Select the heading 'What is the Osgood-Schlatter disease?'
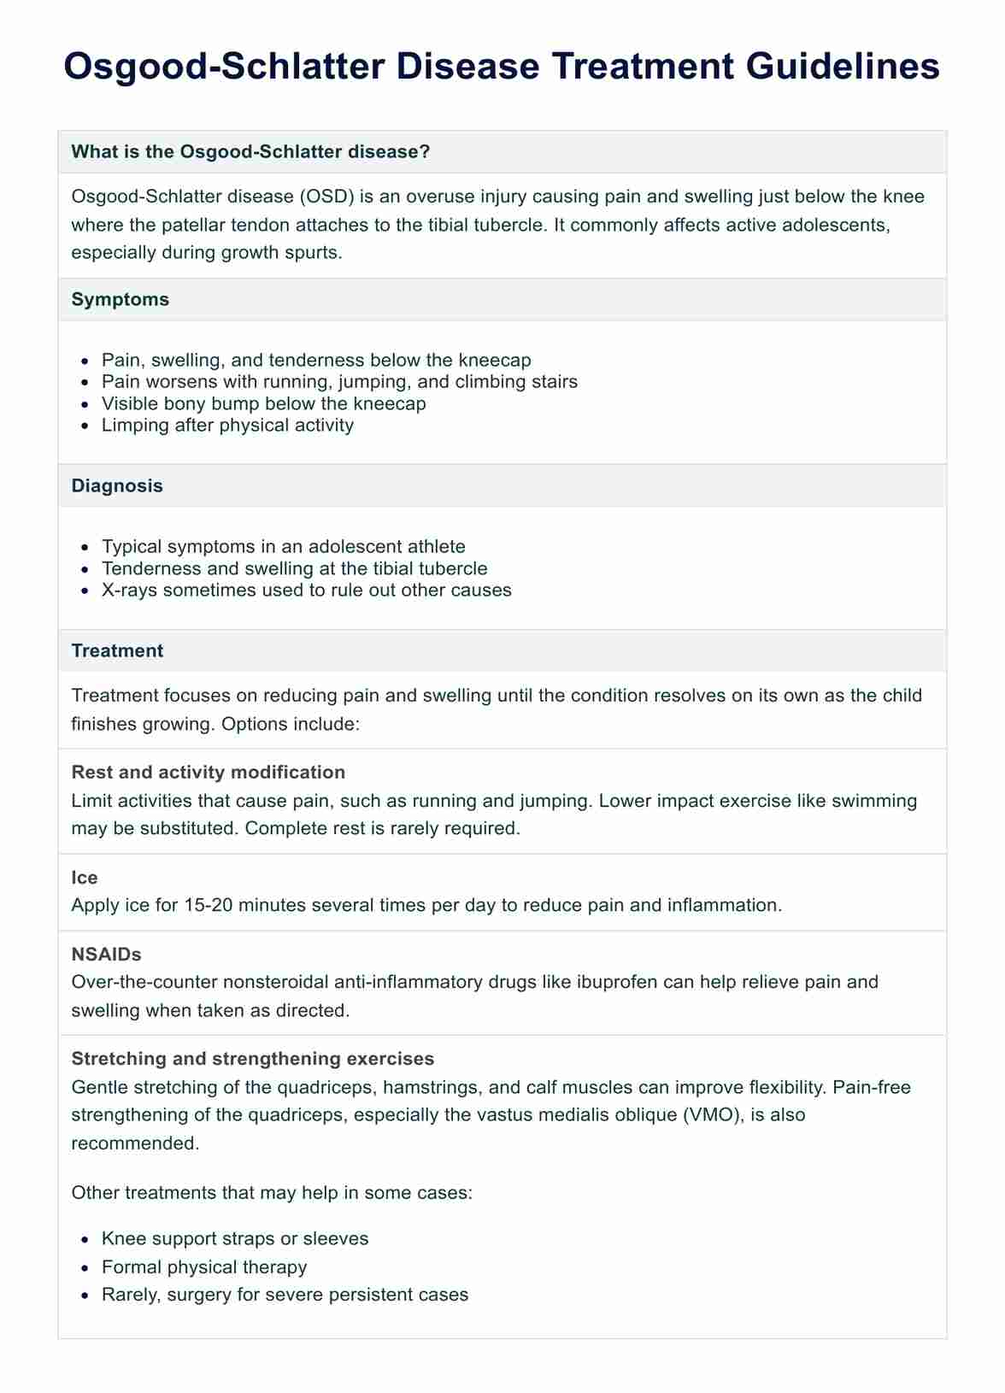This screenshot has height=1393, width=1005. (250, 152)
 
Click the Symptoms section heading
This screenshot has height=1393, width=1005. (120, 300)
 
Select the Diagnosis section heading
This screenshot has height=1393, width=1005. (117, 486)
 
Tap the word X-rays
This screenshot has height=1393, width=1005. (129, 591)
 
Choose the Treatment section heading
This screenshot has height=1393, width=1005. (117, 651)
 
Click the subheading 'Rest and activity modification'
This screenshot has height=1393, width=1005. (209, 773)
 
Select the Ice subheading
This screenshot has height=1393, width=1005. (85, 878)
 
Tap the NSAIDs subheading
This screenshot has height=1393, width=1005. (106, 955)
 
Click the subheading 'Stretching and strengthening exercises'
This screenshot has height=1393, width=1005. (253, 1059)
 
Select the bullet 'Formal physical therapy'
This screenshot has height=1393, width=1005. (204, 1267)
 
